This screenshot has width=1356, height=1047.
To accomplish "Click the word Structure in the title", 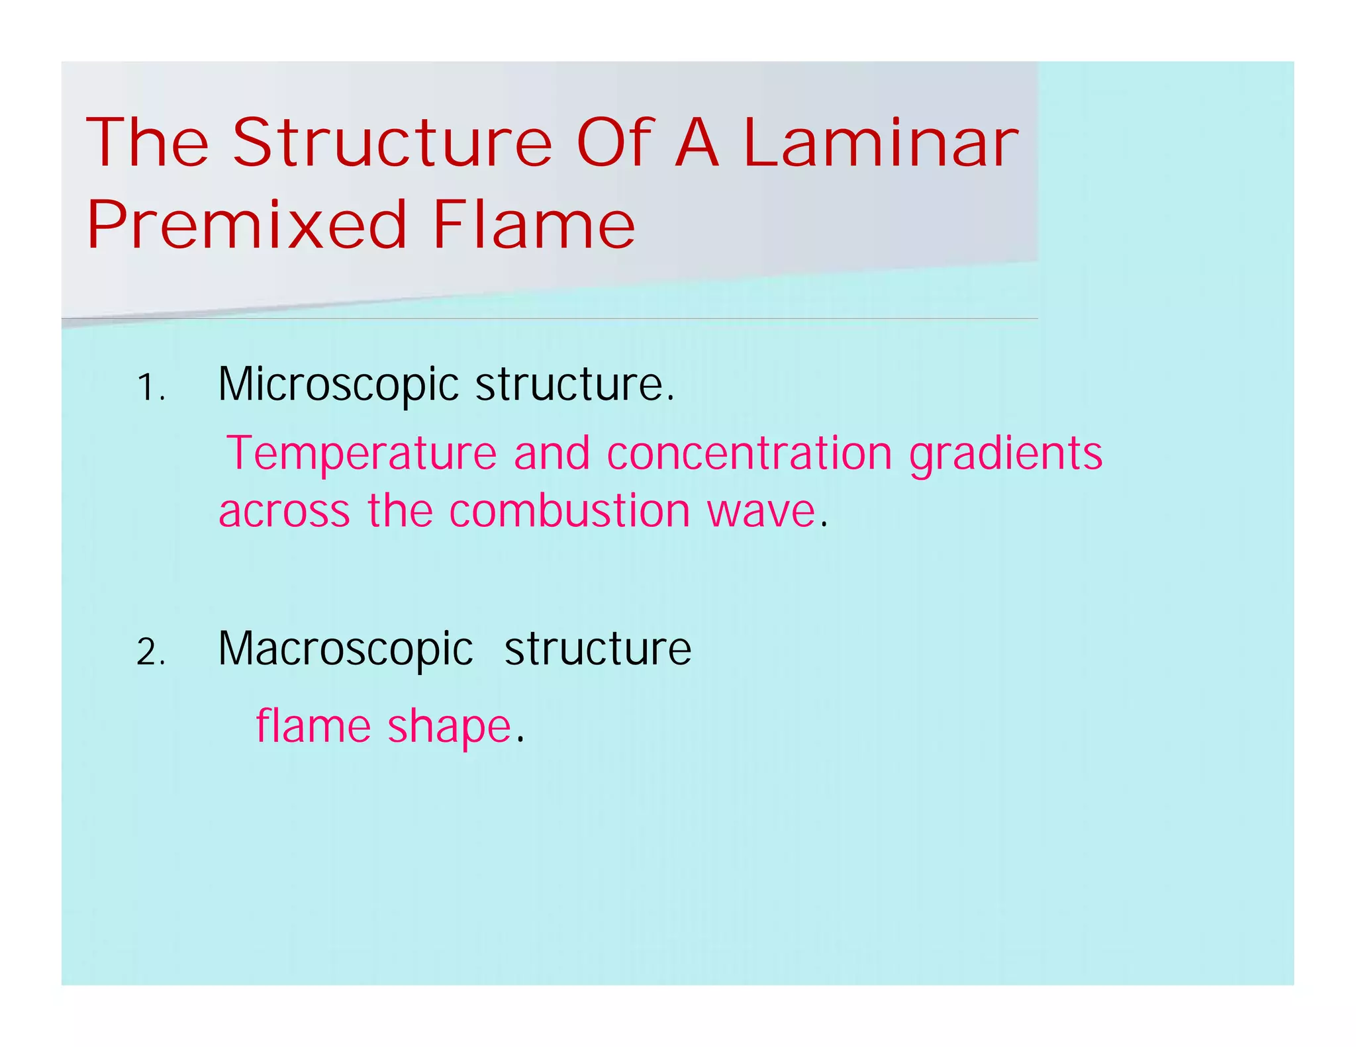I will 392,143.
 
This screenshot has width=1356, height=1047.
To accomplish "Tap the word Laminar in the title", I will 881,143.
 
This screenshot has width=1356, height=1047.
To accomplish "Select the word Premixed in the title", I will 246,226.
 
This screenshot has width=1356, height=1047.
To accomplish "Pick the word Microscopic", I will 338,385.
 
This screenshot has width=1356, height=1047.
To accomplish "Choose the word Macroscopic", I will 346,650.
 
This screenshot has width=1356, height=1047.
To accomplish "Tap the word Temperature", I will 362,454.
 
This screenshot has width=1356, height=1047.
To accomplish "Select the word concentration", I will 750,454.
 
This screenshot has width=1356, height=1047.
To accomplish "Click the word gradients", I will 1006,455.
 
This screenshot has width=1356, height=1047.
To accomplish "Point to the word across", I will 284,512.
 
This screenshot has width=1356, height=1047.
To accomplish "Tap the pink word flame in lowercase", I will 313,726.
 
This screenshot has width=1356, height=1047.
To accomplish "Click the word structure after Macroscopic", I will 598,649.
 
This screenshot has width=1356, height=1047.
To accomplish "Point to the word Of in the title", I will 616,143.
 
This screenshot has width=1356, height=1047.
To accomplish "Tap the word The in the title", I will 147,143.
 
